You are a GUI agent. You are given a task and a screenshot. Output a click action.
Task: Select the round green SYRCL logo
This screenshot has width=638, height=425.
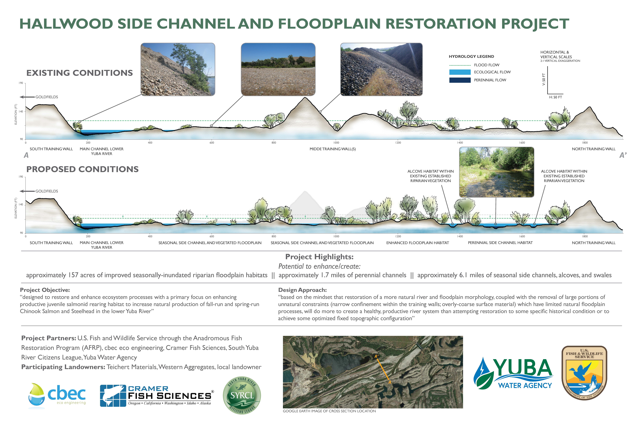click(242, 395)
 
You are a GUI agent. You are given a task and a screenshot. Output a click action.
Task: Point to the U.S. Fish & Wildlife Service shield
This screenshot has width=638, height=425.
click(584, 373)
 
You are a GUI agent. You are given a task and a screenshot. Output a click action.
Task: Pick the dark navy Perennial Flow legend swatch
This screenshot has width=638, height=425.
click(460, 80)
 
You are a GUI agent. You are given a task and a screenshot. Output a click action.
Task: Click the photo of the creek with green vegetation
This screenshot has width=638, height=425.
click(496, 172)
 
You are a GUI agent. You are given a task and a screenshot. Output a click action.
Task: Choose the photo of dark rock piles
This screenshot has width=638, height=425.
click(381, 69)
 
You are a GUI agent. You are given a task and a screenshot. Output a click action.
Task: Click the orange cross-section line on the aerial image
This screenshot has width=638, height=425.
click(382, 369)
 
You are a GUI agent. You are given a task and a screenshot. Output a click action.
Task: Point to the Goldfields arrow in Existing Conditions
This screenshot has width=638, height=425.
click(27, 97)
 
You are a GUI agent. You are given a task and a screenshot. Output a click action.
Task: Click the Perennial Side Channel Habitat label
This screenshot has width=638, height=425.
click(500, 243)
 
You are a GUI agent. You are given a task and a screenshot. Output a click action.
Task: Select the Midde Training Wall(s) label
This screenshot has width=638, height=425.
click(333, 149)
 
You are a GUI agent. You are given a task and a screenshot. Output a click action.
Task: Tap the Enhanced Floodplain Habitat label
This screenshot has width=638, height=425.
click(417, 243)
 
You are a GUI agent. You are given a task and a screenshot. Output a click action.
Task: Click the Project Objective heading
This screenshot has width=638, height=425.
click(45, 290)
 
